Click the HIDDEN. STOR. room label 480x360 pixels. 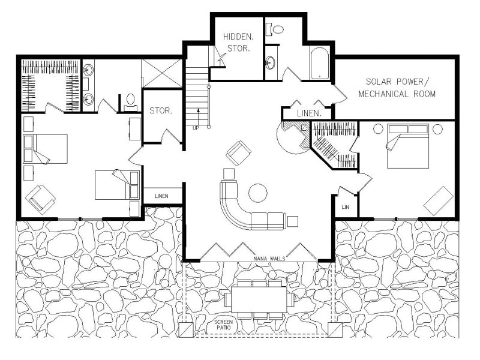[238, 42]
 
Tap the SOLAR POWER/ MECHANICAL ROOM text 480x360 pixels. [397, 88]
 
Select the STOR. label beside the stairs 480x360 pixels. [161, 110]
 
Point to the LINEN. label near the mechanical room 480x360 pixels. [309, 113]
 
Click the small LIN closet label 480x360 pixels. [346, 207]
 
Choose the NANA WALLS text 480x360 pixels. [269, 259]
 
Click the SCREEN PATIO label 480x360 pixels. [223, 325]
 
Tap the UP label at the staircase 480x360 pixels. [196, 128]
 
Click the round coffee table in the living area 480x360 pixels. [258, 193]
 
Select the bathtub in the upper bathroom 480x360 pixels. [319, 64]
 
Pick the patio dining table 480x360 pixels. [259, 299]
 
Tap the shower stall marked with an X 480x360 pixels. [161, 73]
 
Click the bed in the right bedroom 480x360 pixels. [408, 146]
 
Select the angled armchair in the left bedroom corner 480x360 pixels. [40, 200]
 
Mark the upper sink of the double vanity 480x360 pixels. [88, 70]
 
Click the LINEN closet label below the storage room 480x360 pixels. [161, 196]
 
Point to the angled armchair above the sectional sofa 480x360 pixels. [238, 154]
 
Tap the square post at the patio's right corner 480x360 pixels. [335, 330]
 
